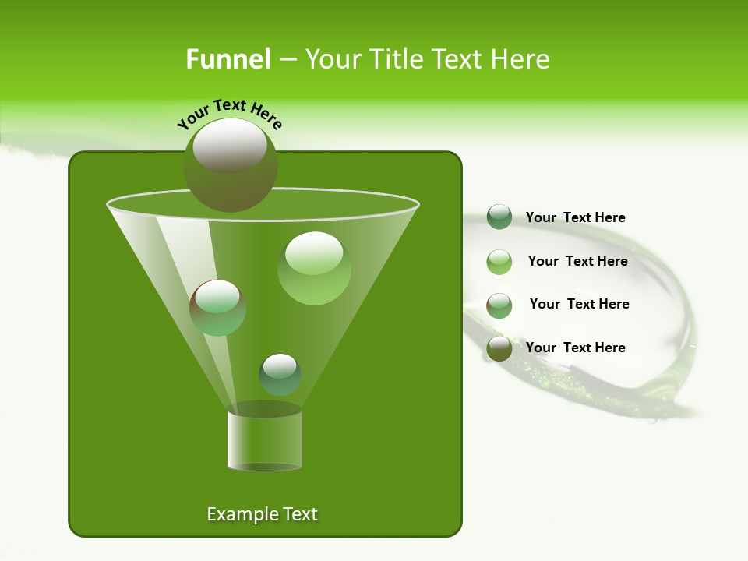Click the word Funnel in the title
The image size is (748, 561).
coord(228,59)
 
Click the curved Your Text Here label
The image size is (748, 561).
coord(230,114)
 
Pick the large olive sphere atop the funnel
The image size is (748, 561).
coord(230,165)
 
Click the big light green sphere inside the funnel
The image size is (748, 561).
coord(314,268)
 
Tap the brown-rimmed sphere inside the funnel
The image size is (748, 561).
coord(217,308)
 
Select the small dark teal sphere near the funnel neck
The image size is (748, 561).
coord(280,375)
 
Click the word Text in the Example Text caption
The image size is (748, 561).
coord(299,514)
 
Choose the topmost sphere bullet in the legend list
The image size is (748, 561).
coord(499,217)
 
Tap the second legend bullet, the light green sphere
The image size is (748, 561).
coord(499,262)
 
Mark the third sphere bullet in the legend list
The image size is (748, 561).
coord(499,305)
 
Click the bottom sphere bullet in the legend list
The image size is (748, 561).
coord(499,348)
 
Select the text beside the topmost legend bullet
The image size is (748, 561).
coord(576,218)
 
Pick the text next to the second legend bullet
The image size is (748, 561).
coord(577,262)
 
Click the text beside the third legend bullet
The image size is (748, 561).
coord(579,305)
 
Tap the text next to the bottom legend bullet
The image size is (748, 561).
coord(576,348)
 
